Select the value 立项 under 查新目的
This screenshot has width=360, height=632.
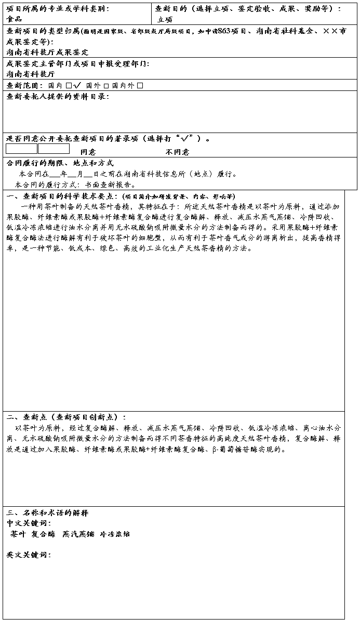coord(165,19)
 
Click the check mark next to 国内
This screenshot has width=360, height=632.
coord(76,85)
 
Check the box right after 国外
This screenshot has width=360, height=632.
coord(106,85)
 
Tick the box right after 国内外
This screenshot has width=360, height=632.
coord(140,85)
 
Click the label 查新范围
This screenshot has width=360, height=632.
coord(24,85)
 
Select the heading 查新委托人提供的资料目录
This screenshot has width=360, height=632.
coord(57,97)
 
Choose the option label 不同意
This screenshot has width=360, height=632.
coord(177,152)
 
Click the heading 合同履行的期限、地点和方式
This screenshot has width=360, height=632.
coord(60,163)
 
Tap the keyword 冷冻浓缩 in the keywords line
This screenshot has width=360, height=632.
coord(115,534)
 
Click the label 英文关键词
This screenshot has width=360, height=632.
coord(28,555)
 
